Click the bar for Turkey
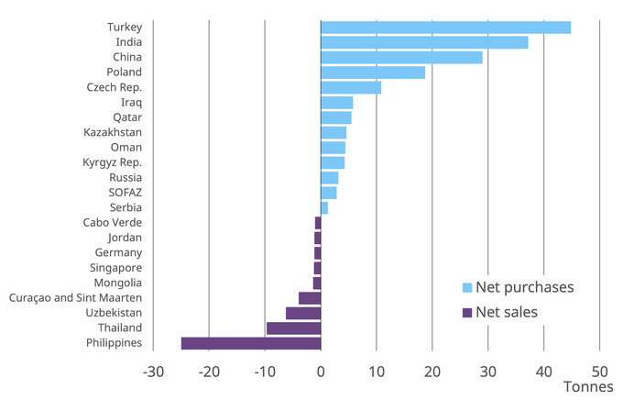(445, 28)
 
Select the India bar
(424, 42)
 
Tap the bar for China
(401, 58)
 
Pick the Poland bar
(373, 72)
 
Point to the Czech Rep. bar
(351, 87)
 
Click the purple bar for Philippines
(251, 343)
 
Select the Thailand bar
(293, 328)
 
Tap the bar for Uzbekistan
(303, 313)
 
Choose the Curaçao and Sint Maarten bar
(310, 298)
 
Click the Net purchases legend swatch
(467, 288)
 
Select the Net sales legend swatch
(467, 313)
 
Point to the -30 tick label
(153, 372)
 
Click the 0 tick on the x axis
(321, 372)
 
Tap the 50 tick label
(599, 372)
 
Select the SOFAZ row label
(125, 193)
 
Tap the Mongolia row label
(117, 283)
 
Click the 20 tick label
(432, 372)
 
